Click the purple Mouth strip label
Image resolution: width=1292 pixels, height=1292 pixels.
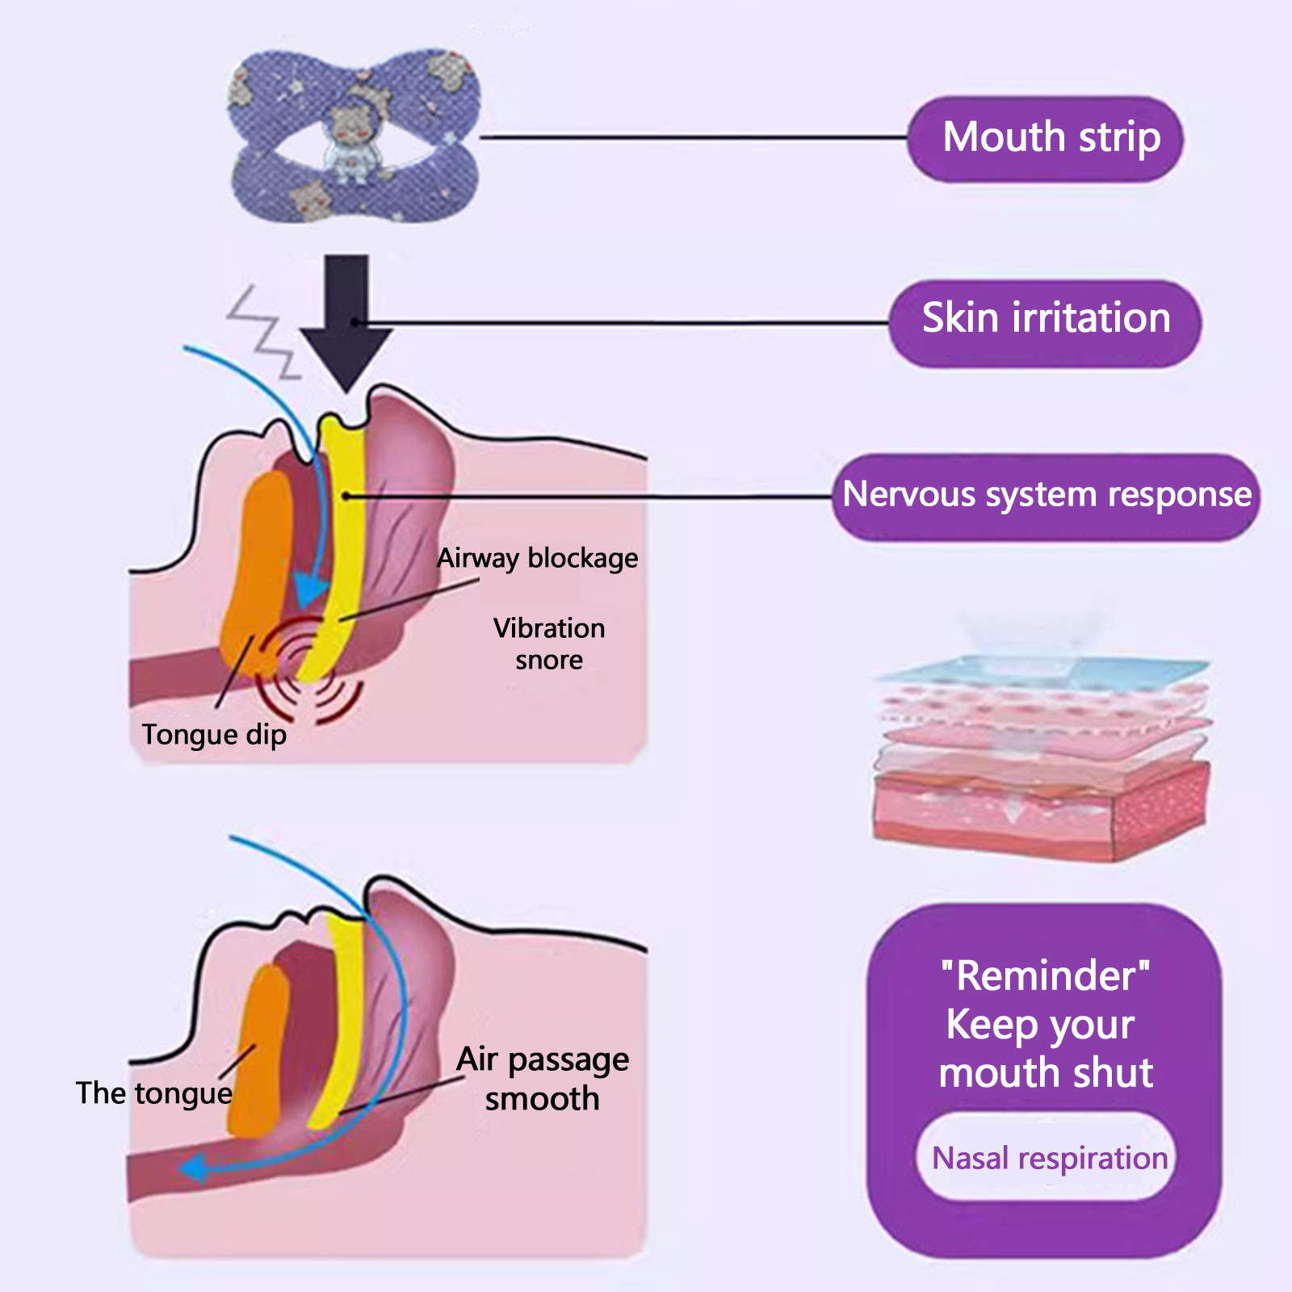1046,138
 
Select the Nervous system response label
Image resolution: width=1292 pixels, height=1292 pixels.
1046,496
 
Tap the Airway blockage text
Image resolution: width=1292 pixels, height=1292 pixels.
537,559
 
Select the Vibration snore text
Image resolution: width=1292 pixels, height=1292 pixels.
549,644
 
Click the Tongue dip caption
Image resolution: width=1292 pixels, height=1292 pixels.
214,735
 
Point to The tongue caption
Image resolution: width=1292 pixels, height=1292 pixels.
153,1093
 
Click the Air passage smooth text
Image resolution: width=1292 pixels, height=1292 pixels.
543,1079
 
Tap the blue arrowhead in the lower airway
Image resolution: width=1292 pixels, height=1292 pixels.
194,1168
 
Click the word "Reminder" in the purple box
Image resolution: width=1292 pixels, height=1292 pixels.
1046,975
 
